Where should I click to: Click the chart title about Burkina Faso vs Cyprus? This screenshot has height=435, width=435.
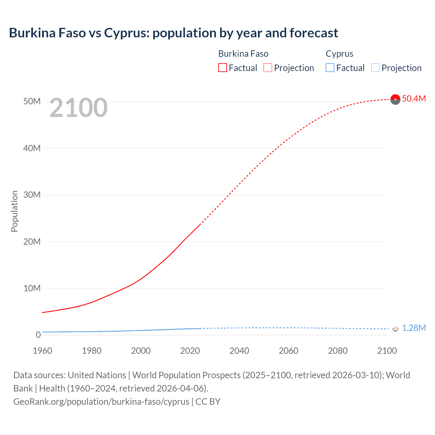tap(173, 33)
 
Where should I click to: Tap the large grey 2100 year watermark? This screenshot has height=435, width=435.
tap(79, 108)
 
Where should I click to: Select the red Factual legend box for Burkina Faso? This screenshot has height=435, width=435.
tap(222, 68)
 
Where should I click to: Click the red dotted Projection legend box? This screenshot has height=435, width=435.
tap(268, 68)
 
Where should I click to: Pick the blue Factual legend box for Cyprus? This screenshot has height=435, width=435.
tap(330, 68)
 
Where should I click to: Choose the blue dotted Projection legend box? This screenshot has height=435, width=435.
tap(376, 68)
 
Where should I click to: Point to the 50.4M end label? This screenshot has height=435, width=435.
tap(414, 99)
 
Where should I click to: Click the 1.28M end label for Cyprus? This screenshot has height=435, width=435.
tap(414, 328)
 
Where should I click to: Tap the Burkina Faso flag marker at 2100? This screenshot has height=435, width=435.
tap(395, 99)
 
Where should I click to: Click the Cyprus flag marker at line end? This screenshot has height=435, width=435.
tap(395, 329)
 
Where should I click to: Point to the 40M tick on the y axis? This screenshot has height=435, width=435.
tap(32, 148)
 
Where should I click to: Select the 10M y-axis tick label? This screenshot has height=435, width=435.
tap(32, 288)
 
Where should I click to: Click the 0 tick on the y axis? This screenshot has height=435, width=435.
tap(38, 335)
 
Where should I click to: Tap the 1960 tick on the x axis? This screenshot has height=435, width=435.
tap(42, 351)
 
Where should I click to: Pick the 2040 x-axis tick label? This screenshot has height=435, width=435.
tap(239, 351)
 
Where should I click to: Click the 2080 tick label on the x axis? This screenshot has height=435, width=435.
tap(338, 351)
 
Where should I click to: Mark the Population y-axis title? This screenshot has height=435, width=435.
tap(14, 211)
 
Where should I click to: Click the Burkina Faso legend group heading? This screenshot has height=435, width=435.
tap(243, 54)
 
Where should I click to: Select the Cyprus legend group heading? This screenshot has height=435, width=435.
tap(340, 54)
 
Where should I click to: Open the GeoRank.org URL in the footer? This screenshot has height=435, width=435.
tap(101, 402)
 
